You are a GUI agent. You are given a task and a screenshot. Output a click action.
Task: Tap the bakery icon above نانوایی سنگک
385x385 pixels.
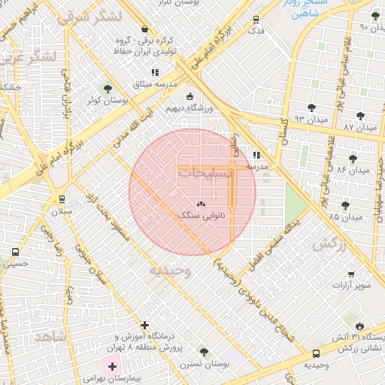pos(200,204)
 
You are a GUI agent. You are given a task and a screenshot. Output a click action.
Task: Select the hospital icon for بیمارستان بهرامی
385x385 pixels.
pos(113,367)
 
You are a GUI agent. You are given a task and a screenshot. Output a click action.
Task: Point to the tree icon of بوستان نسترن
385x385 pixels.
pos(203,351)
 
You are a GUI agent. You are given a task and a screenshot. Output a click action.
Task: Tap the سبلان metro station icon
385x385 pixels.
pos(62,200)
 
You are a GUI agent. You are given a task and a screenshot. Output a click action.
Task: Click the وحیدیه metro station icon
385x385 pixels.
pos(315,353)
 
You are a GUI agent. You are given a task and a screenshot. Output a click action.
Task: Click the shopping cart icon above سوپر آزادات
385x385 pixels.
pos(350,274)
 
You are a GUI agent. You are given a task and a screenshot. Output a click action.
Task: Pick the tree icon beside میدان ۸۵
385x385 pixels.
pos(346,205)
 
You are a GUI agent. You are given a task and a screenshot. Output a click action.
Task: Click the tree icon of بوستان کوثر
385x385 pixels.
pos(106,89)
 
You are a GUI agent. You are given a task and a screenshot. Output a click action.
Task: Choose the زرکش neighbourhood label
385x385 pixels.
pos(329,244)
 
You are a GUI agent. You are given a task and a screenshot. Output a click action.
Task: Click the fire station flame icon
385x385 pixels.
pos(359,326)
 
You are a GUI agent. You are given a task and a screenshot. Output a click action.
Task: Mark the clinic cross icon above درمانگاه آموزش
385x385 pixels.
pos(144,326)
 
